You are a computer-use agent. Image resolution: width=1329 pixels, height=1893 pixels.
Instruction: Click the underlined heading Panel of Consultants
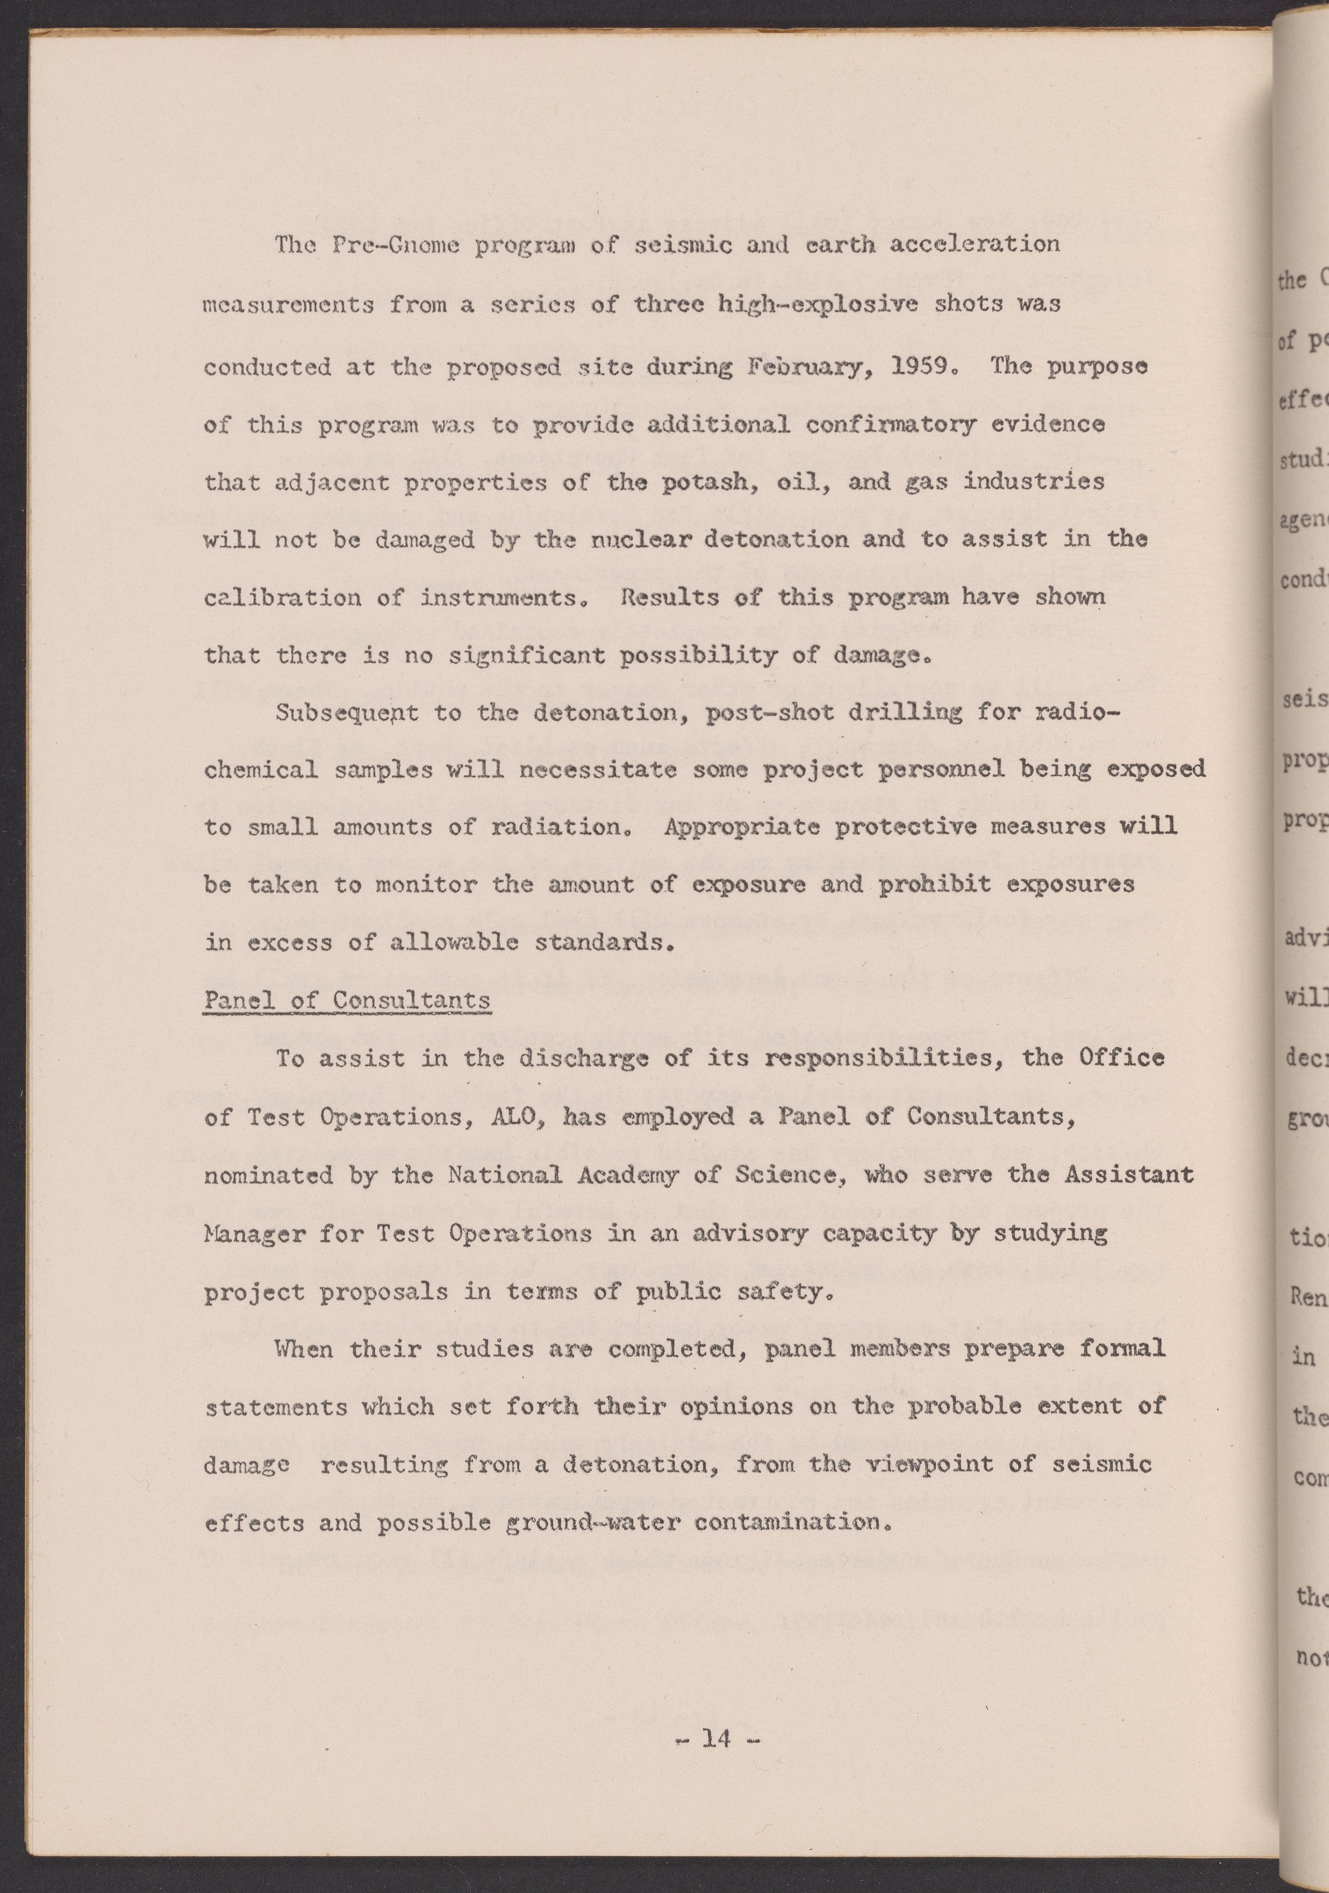tap(347, 1001)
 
